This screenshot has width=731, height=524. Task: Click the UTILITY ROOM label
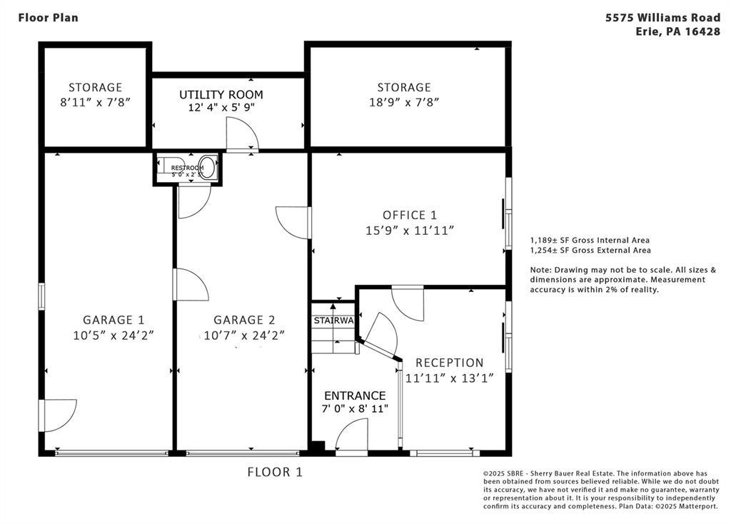click(221, 95)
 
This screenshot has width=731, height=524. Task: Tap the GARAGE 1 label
click(114, 320)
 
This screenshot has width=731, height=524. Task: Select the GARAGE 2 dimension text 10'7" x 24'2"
click(244, 336)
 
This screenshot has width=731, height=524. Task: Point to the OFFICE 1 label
click(410, 215)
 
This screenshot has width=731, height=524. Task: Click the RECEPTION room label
click(450, 363)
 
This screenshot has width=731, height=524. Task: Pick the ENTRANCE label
click(355, 395)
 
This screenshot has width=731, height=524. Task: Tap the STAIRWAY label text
click(334, 321)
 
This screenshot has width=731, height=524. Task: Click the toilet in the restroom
click(211, 168)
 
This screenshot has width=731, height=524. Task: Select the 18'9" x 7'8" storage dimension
click(404, 102)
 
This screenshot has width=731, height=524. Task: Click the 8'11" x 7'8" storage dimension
click(95, 102)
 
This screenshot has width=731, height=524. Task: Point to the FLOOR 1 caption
click(275, 473)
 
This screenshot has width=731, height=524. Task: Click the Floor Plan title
click(48, 18)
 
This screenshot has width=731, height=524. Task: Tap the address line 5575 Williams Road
click(663, 18)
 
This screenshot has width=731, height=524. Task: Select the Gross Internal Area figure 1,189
click(539, 241)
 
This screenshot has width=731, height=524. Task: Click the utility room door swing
click(242, 134)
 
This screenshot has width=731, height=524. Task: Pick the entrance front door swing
click(351, 435)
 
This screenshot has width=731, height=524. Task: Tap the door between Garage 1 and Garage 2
click(191, 284)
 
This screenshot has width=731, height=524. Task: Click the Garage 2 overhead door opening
click(243, 453)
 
